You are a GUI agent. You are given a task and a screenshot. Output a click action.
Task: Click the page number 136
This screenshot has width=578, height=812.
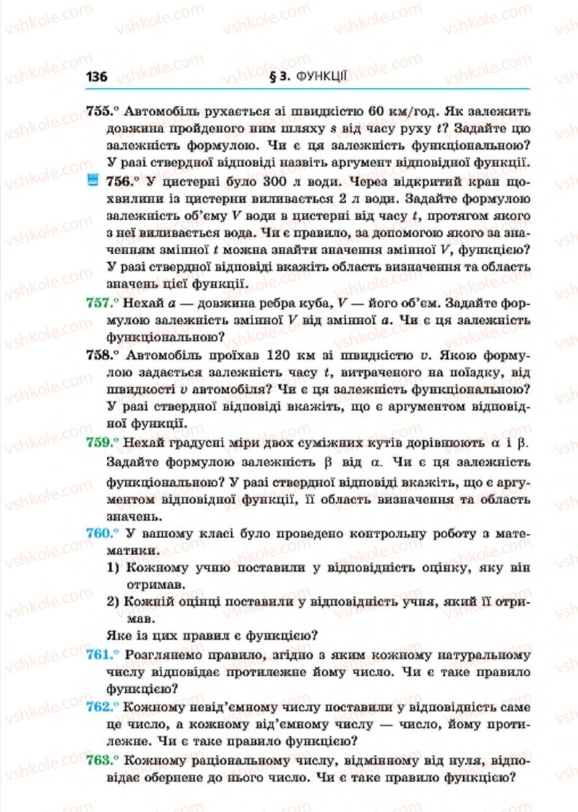tap(97, 76)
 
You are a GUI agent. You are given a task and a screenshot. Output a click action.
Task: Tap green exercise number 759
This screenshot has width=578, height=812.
tap(100, 442)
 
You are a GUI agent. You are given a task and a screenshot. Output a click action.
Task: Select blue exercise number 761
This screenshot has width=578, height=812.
tap(100, 654)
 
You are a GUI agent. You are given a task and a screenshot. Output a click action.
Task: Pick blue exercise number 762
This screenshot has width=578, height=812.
tap(100, 706)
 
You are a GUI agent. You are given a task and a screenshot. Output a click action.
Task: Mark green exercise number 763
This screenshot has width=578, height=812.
tap(100, 759)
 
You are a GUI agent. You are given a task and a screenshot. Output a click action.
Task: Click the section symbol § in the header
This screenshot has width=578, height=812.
tap(270, 75)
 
